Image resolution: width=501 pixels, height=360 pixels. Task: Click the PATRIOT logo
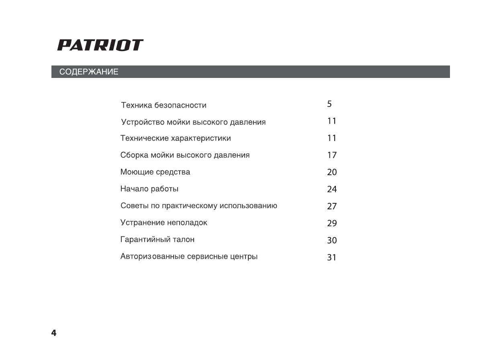[100, 45]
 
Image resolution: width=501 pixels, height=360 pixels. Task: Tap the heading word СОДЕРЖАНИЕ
[89, 72]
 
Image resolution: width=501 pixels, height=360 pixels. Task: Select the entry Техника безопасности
[164, 106]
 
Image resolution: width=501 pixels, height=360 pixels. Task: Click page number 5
[329, 104]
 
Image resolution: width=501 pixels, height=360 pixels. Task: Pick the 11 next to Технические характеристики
[331, 138]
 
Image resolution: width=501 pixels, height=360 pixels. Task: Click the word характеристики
[201, 139]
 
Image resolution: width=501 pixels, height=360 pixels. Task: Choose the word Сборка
[134, 155]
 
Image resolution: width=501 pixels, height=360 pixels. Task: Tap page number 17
[331, 155]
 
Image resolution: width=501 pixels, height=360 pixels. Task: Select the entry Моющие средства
[155, 172]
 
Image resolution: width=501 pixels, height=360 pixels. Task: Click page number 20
[332, 172]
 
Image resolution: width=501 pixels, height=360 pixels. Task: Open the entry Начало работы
[149, 189]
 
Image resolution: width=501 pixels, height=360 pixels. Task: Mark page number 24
[332, 189]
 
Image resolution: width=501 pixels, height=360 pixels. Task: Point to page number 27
[332, 207]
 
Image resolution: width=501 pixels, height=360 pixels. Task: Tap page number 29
[332, 223]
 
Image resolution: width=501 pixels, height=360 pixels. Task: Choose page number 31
[331, 258]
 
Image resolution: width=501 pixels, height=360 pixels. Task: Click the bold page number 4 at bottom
[54, 333]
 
